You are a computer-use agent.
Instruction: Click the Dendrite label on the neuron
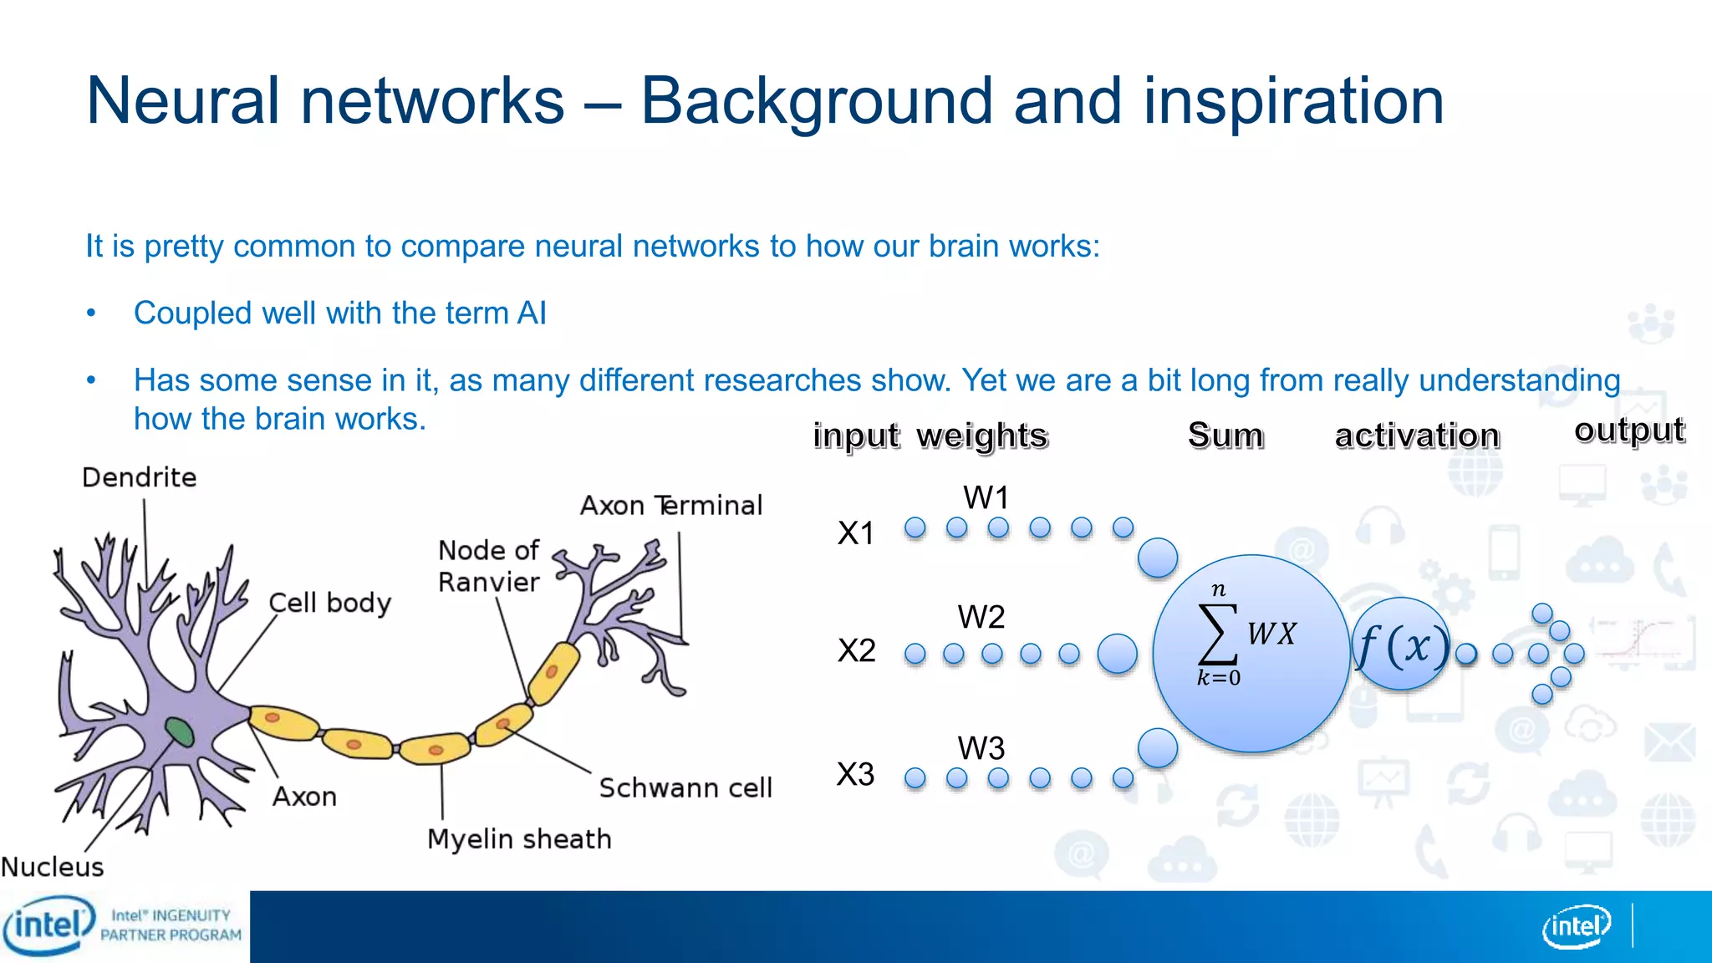[140, 477]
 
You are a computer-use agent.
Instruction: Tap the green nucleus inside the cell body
[179, 731]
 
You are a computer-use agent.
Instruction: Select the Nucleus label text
[53, 867]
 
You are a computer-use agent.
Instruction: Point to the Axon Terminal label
[671, 506]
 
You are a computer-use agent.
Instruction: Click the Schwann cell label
[685, 787]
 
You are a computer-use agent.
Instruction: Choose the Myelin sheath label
[519, 838]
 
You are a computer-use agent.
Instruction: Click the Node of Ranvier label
[489, 566]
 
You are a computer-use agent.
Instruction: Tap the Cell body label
[329, 603]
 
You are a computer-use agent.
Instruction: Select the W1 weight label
[986, 498]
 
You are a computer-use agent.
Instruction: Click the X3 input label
[856, 774]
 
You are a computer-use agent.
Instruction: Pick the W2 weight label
[981, 617]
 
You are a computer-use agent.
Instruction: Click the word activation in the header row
[1417, 436]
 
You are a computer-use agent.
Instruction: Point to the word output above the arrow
[1628, 430]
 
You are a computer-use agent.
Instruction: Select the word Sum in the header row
[1225, 436]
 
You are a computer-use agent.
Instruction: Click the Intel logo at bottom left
[48, 925]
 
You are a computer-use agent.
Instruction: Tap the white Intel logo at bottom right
[1576, 926]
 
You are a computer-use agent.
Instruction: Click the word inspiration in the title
[1293, 101]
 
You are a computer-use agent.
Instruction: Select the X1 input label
[856, 533]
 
